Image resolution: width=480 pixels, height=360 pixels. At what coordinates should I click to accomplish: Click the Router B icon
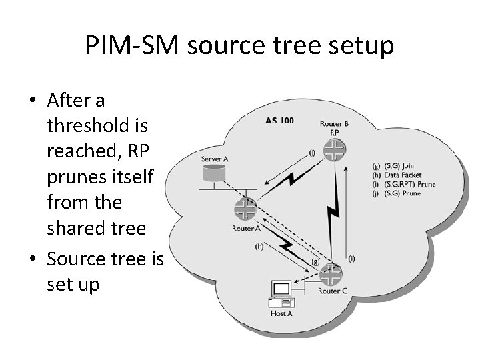click(331, 152)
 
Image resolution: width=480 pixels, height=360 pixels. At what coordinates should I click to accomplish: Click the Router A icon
click(245, 209)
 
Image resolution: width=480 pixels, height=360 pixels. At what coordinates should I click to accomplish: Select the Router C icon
click(331, 273)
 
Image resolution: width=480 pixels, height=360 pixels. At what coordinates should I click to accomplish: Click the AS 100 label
click(279, 120)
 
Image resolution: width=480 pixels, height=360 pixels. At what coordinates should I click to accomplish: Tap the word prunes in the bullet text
click(77, 177)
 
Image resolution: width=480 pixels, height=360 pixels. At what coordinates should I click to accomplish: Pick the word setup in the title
click(361, 47)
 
